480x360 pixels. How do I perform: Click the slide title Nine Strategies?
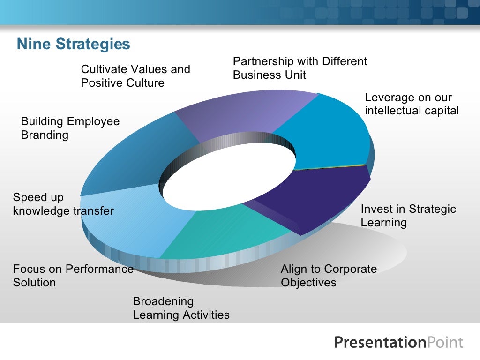click(x=73, y=45)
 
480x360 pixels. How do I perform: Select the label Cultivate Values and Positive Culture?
click(x=135, y=76)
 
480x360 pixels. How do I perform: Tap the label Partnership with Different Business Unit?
click(x=300, y=68)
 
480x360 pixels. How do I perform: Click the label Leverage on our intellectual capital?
click(x=412, y=104)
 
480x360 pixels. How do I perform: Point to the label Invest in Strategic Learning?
click(x=408, y=216)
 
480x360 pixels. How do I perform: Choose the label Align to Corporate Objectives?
click(x=329, y=276)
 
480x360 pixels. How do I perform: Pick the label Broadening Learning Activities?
click(x=181, y=308)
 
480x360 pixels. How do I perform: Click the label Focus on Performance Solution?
click(x=73, y=276)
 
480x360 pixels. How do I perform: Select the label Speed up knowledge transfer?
click(x=63, y=204)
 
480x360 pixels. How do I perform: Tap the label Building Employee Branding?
click(x=70, y=128)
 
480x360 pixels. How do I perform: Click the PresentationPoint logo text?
click(x=398, y=342)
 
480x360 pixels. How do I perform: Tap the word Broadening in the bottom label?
click(x=163, y=301)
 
